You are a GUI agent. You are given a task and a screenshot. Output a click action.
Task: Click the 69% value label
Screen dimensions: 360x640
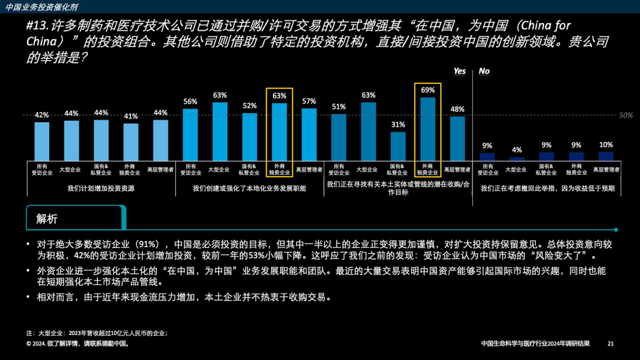pyautogui.click(x=428, y=90)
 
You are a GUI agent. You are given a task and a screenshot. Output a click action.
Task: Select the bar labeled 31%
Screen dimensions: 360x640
pyautogui.click(x=398, y=146)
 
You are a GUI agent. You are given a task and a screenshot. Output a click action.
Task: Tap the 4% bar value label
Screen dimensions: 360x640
pyautogui.click(x=517, y=150)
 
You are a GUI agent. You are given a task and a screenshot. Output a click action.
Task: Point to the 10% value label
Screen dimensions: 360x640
pyautogui.click(x=606, y=145)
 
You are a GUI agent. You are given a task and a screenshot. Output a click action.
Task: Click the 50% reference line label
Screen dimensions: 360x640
pyautogui.click(x=626, y=115)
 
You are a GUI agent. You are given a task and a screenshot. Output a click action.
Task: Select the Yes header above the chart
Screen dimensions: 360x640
pyautogui.click(x=460, y=71)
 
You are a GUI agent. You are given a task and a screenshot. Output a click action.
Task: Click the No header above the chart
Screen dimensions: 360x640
pyautogui.click(x=484, y=71)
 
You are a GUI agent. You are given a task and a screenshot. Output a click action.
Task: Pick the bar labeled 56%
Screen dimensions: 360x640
pyautogui.click(x=190, y=135)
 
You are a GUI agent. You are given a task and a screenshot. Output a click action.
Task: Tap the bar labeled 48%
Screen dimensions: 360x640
pyautogui.click(x=457, y=139)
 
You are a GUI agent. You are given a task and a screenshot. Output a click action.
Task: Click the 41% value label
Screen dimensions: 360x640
pyautogui.click(x=131, y=116)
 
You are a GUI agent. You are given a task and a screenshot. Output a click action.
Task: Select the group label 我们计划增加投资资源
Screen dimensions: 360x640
pyautogui.click(x=101, y=188)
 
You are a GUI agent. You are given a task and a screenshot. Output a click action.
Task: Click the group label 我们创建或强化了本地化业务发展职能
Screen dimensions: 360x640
pyautogui.click(x=249, y=188)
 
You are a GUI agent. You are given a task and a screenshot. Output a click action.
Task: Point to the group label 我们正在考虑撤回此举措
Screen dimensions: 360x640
pyautogui.click(x=548, y=188)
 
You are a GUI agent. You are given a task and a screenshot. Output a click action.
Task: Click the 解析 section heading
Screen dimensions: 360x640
pyautogui.click(x=47, y=219)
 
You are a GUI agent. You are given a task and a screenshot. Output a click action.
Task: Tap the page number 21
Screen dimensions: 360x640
pyautogui.click(x=611, y=344)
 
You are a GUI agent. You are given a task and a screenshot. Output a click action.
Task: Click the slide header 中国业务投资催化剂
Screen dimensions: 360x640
pyautogui.click(x=42, y=7)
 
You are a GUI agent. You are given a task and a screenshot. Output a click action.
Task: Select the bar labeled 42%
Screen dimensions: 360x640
pyautogui.click(x=42, y=141)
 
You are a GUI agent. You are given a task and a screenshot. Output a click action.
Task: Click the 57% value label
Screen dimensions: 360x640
pyautogui.click(x=309, y=101)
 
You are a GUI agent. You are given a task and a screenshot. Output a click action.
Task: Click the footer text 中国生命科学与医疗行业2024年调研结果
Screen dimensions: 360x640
pyautogui.click(x=535, y=344)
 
